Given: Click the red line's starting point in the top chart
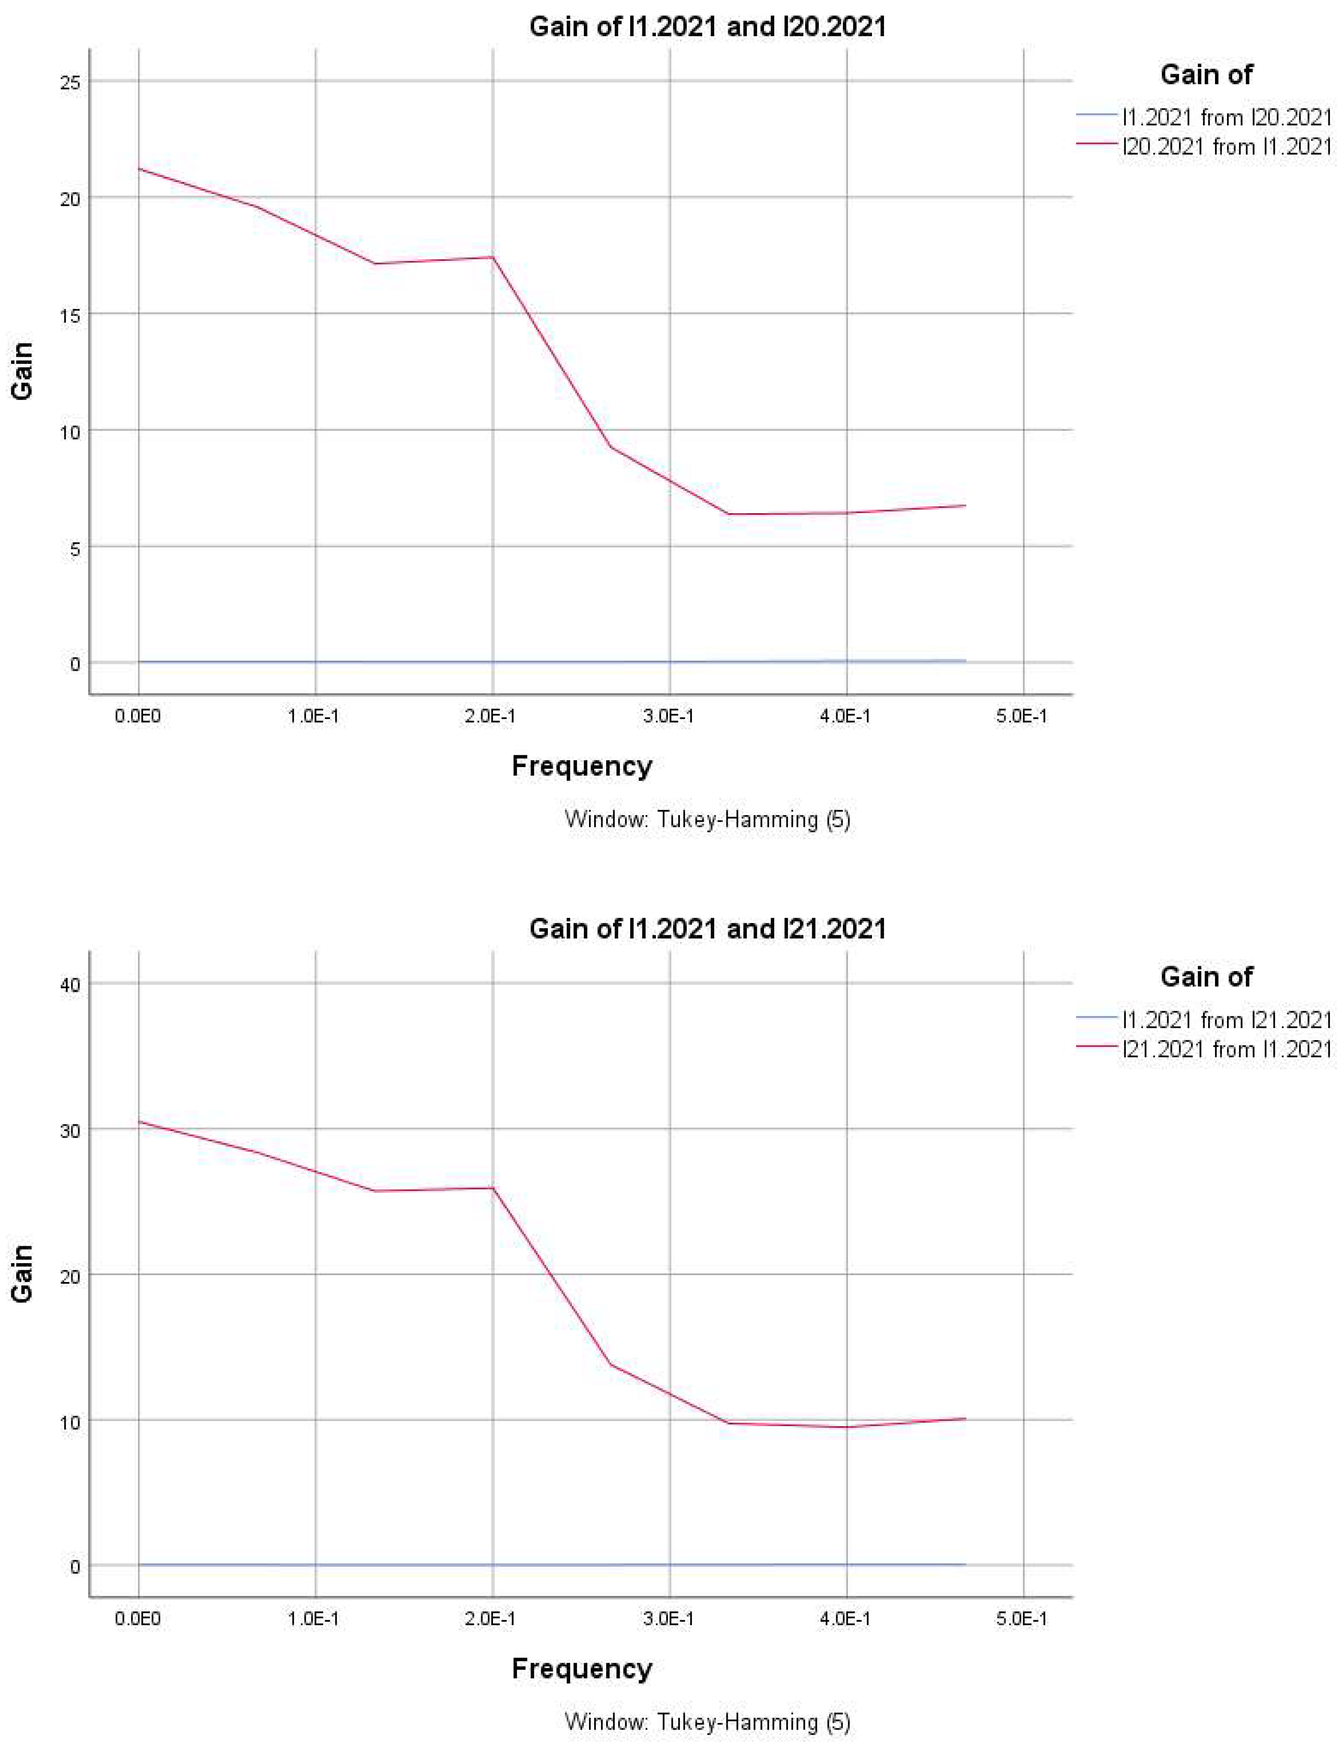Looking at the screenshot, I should pos(139,169).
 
